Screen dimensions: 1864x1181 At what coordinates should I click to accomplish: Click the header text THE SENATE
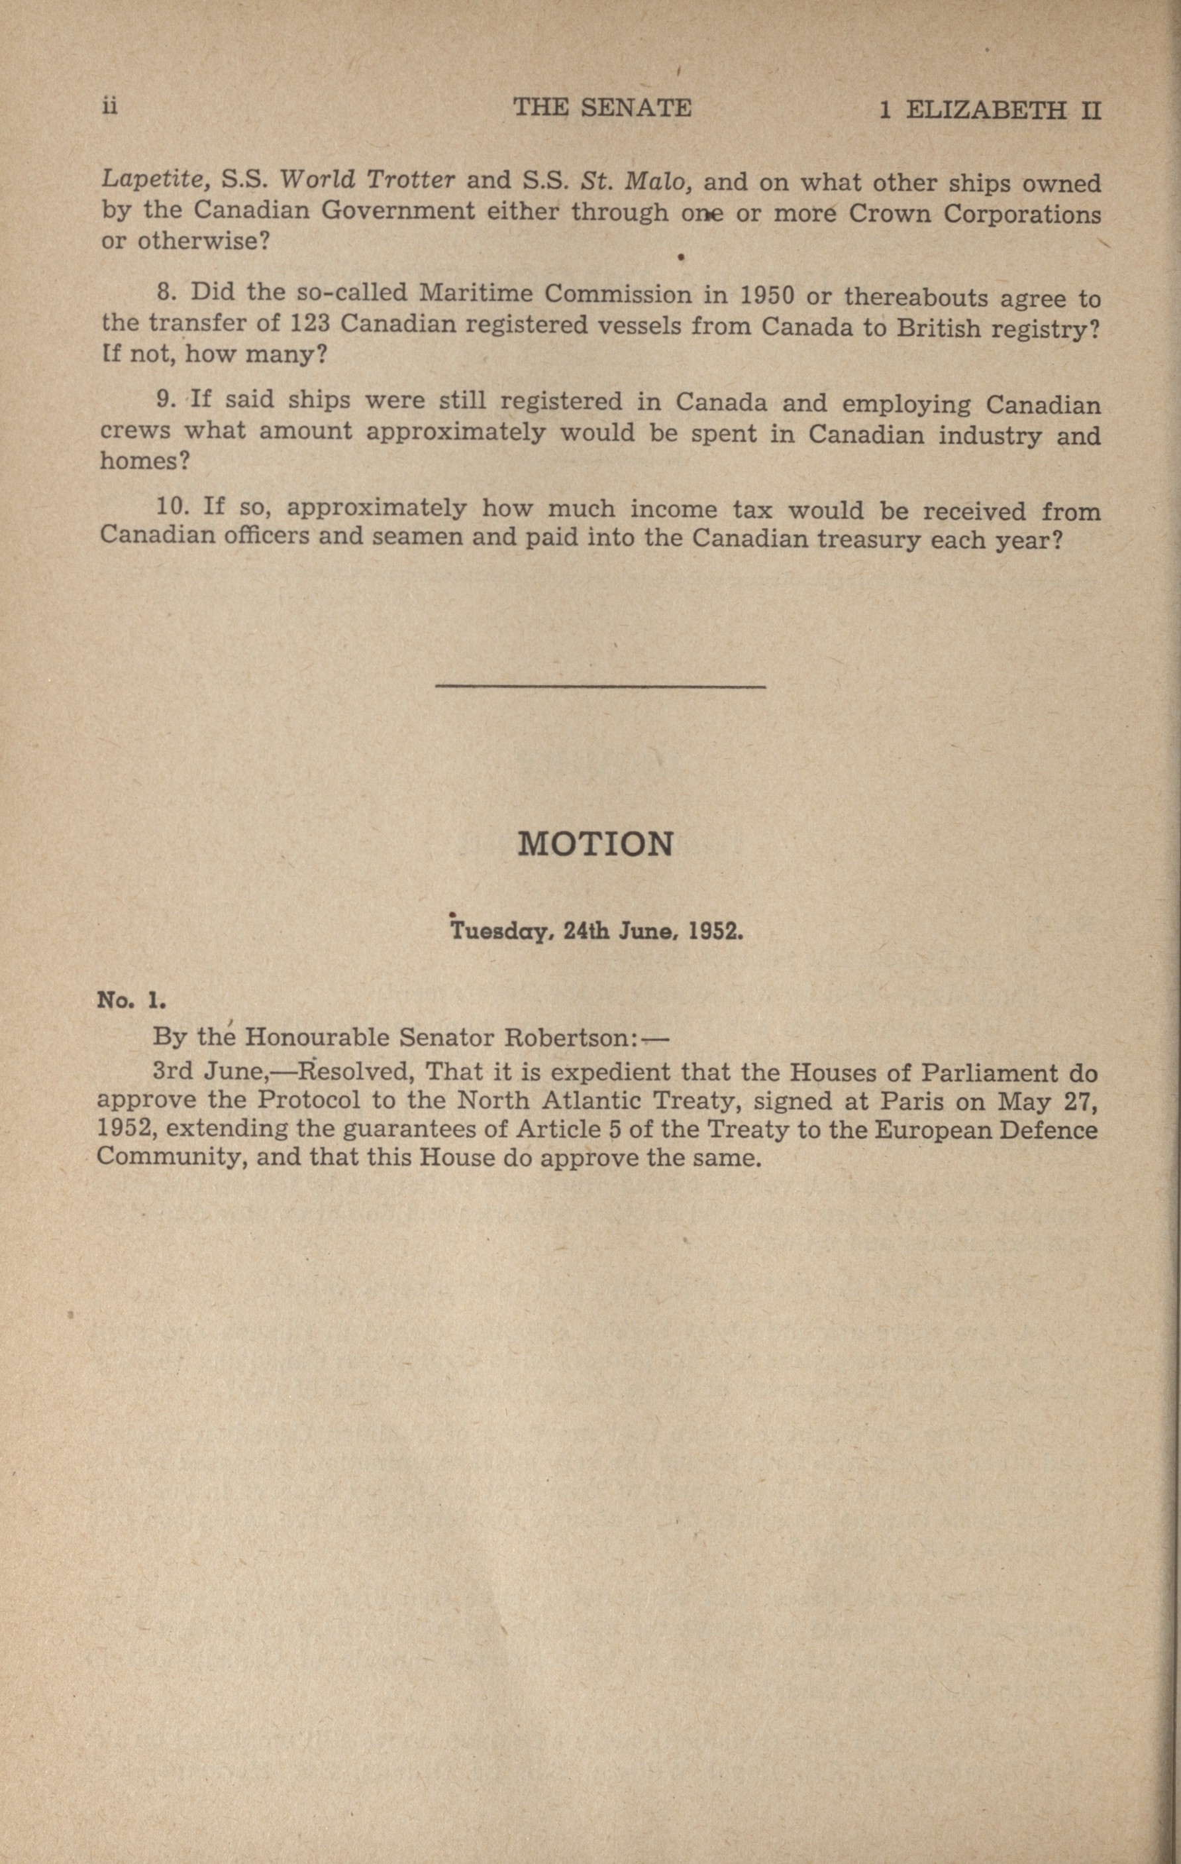pos(602,107)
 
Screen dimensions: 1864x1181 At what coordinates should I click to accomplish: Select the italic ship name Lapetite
pos(152,180)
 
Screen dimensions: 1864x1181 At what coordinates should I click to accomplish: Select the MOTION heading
pos(594,844)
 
